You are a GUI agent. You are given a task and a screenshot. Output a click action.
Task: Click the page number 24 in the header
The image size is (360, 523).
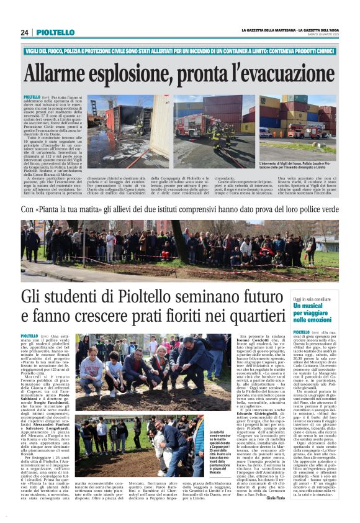tap(24, 32)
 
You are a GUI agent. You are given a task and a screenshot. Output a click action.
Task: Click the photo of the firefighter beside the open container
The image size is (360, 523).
tap(127, 132)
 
